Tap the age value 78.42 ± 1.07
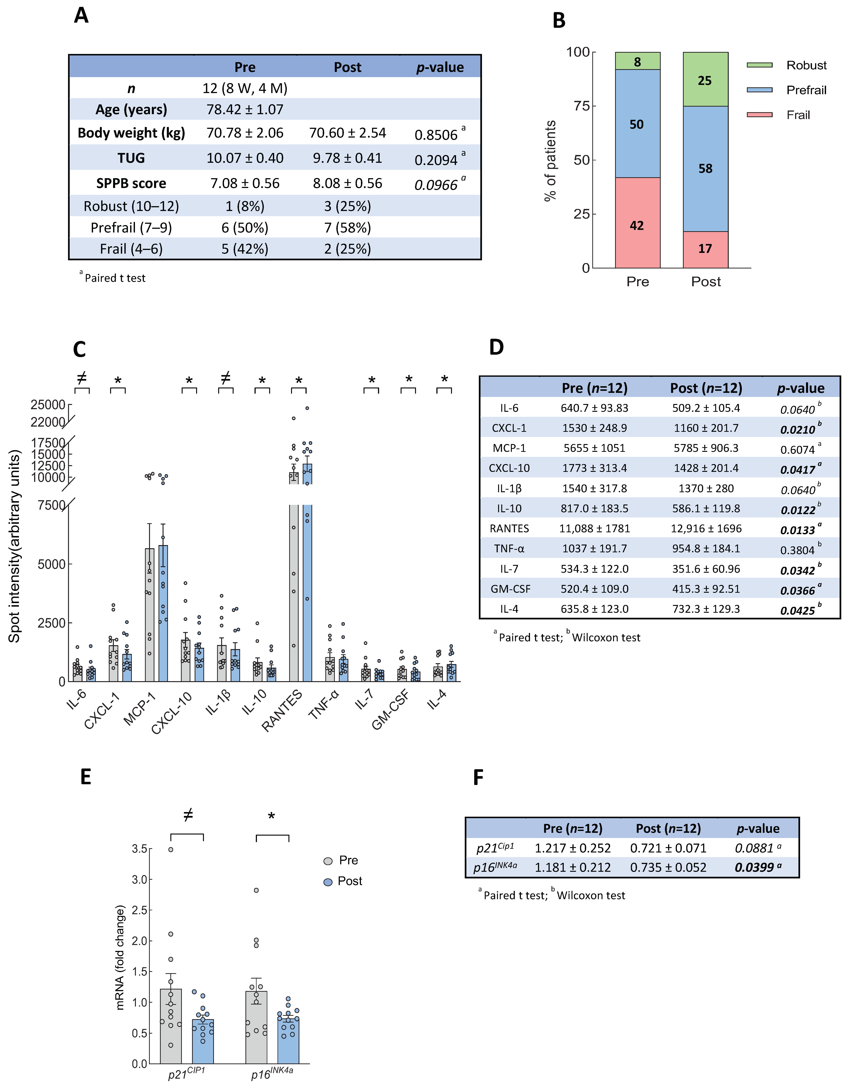pyautogui.click(x=245, y=110)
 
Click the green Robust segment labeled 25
pyautogui.click(x=705, y=80)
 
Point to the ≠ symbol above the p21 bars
pyautogui.click(x=188, y=815)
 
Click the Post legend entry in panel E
pyautogui.click(x=349, y=881)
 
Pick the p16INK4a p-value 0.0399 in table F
pyautogui.click(x=754, y=867)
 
